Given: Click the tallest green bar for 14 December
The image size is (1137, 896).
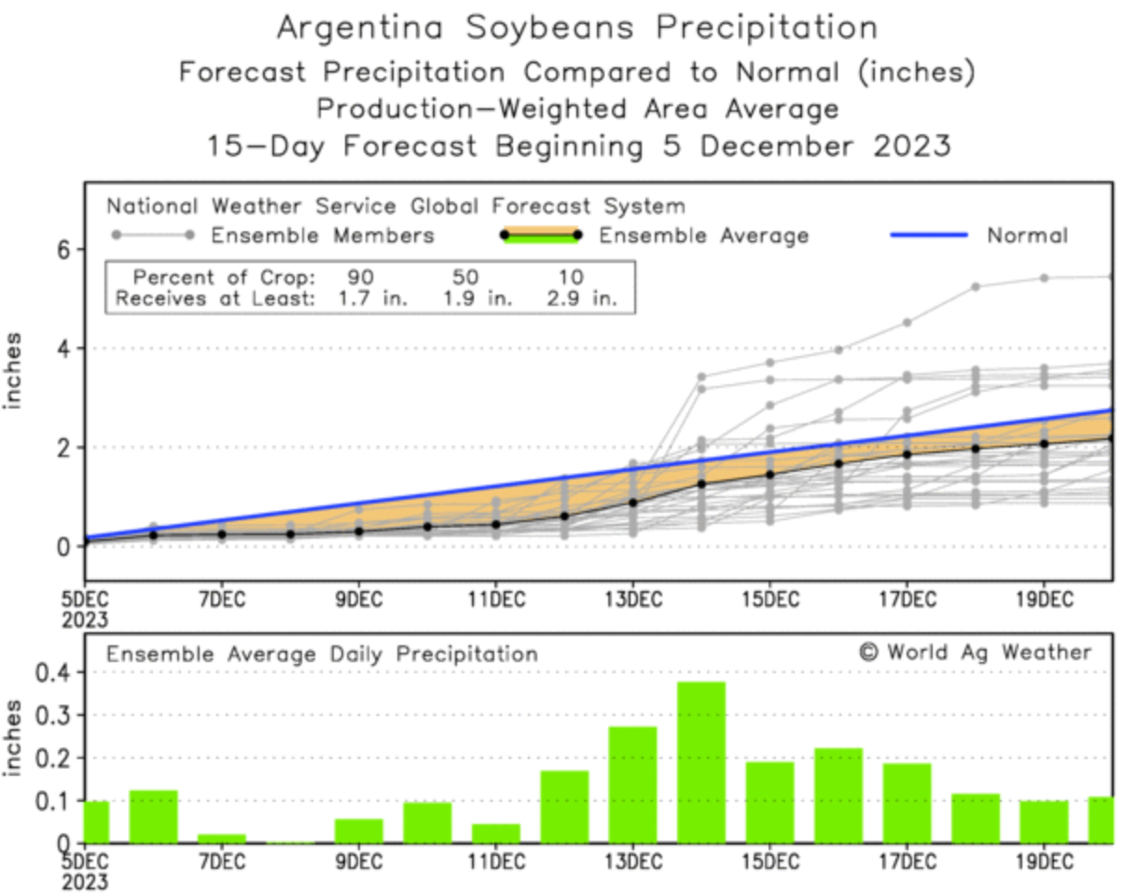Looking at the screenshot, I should (701, 762).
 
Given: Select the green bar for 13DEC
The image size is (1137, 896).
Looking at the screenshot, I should (632, 784).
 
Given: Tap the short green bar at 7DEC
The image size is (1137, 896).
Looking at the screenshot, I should (221, 837).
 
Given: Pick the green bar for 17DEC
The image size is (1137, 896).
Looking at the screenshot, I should (907, 803).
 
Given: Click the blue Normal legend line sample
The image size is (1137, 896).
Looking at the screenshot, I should (928, 235).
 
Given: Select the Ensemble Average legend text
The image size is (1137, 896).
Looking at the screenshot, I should (703, 236).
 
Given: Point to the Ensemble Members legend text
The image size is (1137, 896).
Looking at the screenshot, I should (322, 236).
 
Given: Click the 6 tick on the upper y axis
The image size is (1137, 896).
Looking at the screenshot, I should (65, 249).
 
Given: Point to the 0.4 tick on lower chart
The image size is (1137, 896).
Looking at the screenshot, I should (47, 672).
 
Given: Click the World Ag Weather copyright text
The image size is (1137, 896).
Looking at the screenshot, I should (975, 652).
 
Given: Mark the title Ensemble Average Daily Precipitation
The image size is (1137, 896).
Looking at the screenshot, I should (322, 655).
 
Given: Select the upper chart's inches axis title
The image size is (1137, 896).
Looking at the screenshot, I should (14, 371).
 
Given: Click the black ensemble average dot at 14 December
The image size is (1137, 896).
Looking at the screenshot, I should (701, 483).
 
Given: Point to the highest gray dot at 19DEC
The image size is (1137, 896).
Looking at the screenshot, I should (1044, 278).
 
